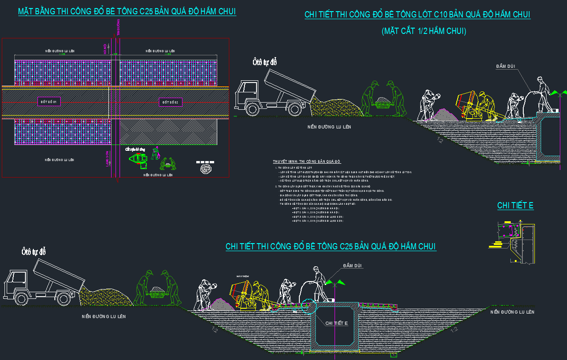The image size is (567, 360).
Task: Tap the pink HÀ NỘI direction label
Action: coord(106,49)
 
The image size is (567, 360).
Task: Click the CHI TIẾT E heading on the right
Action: coord(515,206)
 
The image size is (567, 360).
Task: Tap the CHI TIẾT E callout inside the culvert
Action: coord(336,323)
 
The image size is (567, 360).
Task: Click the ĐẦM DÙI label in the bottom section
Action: coord(353,266)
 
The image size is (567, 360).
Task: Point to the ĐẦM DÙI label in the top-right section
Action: coord(505,66)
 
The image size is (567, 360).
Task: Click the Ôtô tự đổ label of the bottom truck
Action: coord(34,252)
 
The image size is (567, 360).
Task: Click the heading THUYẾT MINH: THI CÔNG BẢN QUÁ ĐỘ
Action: coord(307,161)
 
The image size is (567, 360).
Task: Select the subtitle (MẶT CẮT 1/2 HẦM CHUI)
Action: coord(424,31)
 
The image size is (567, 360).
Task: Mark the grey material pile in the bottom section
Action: coord(219,304)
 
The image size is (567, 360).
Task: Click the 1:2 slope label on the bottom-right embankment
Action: coord(454,330)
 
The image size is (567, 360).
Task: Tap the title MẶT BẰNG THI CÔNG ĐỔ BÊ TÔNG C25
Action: coord(127,12)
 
